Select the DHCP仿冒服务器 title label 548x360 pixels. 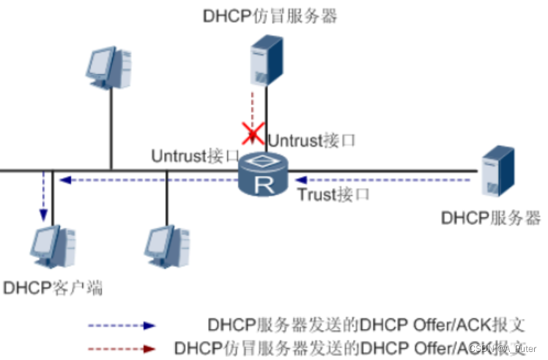pos(270,16)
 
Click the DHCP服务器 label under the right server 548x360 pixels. pos(492,218)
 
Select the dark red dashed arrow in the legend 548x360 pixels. pos(122,348)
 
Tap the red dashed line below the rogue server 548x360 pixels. pos(252,110)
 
